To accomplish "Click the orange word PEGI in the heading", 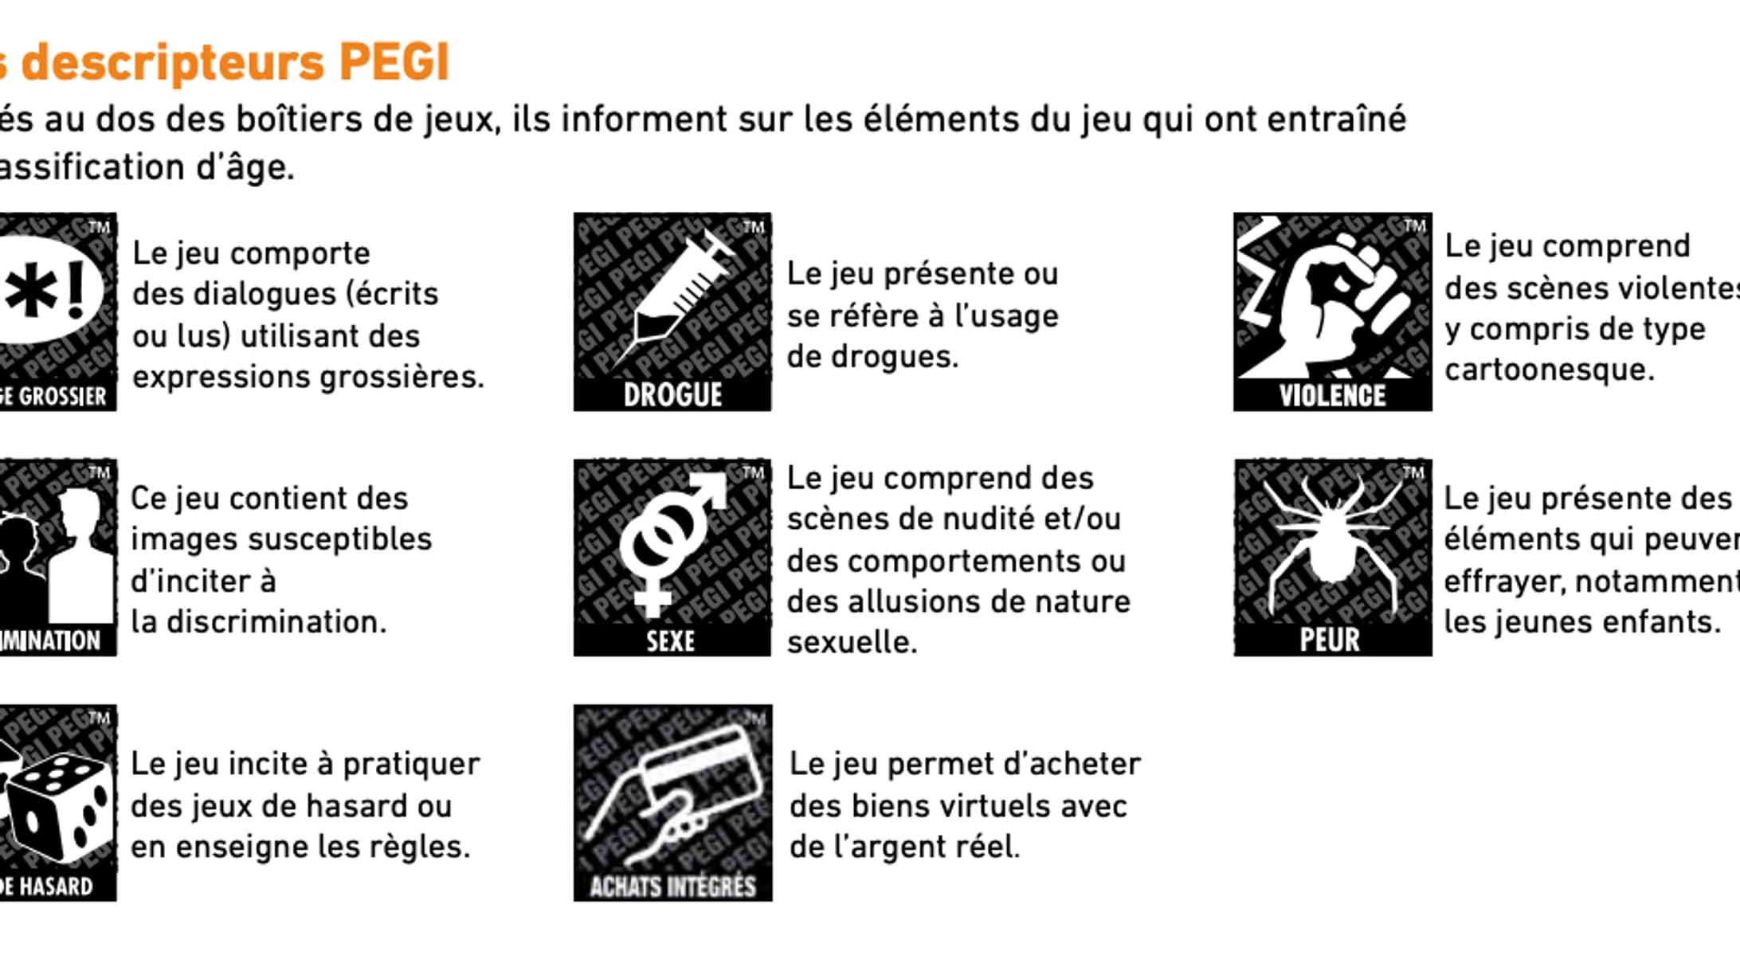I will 394,62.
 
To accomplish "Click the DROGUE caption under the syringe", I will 672,395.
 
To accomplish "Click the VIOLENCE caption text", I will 1332,396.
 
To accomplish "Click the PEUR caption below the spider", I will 1330,640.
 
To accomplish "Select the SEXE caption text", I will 670,640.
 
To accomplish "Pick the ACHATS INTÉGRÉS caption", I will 672,887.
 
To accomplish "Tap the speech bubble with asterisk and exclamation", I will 48,291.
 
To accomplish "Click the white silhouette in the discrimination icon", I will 80,558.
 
